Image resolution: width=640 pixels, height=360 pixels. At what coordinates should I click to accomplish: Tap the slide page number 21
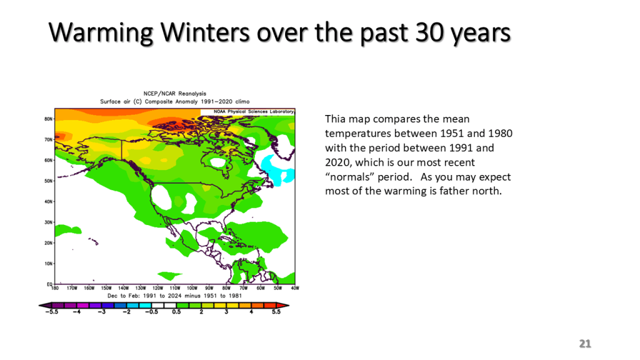click(585, 344)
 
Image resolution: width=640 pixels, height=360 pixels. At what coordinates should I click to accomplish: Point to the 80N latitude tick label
click(49, 119)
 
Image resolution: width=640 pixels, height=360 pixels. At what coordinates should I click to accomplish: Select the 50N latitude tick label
click(49, 181)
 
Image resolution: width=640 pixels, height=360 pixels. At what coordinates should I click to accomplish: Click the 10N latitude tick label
click(49, 264)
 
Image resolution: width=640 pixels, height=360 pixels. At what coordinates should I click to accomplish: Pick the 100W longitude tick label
click(192, 288)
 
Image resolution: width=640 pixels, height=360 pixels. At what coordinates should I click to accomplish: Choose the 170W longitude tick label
click(72, 288)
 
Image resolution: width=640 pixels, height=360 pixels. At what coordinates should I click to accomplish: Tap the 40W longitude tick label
click(295, 288)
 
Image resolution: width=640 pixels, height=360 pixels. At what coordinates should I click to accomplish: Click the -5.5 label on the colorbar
click(51, 312)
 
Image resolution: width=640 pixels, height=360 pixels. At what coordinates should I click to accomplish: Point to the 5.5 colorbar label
click(276, 312)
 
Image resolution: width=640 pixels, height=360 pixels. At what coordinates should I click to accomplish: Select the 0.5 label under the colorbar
click(176, 312)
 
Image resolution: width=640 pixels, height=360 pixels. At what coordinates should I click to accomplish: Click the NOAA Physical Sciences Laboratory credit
click(254, 111)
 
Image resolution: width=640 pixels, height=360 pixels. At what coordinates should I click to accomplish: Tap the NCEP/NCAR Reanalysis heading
click(175, 94)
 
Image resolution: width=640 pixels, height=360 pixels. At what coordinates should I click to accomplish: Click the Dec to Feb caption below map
click(174, 296)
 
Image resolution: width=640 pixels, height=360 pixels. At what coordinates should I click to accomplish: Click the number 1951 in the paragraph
click(452, 134)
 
